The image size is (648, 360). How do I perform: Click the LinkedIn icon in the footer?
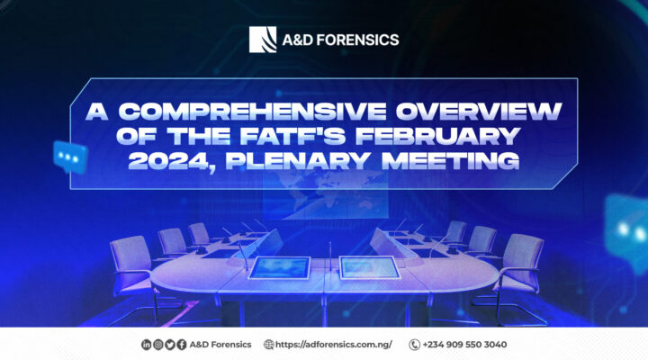tap(146, 344)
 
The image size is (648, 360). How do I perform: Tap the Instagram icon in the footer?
tap(157, 344)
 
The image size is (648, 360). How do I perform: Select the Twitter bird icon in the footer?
tap(169, 344)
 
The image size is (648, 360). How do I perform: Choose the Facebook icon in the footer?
tap(181, 344)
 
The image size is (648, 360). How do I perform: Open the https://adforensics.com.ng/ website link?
tap(334, 344)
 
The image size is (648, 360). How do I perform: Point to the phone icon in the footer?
tap(415, 344)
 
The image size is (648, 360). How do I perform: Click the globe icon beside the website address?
tap(268, 344)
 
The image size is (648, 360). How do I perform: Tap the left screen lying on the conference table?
tap(278, 268)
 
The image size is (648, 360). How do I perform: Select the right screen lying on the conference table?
tap(369, 267)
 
